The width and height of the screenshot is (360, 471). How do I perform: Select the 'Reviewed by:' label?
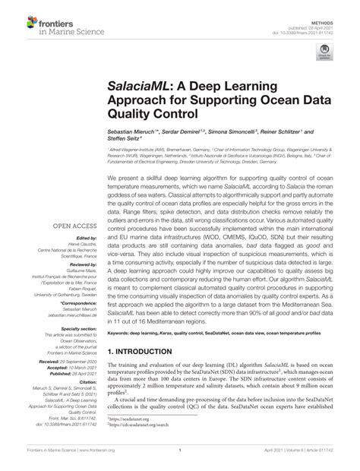(x=86, y=267)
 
